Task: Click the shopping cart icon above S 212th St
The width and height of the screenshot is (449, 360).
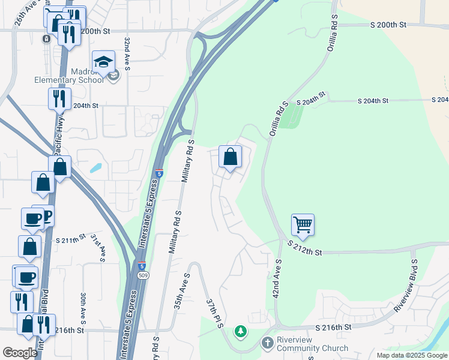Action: click(x=303, y=226)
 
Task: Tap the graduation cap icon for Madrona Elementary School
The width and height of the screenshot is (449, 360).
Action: click(x=104, y=62)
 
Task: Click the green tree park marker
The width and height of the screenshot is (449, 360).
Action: click(x=241, y=331)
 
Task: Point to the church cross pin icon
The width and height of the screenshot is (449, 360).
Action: click(x=267, y=343)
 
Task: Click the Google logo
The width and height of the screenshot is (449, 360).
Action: click(x=20, y=353)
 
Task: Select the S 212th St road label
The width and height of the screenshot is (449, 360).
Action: click(x=304, y=248)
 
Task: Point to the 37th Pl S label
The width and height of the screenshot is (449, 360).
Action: click(x=215, y=313)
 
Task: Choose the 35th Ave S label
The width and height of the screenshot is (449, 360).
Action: click(x=182, y=291)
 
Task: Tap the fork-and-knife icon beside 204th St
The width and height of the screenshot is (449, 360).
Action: click(x=59, y=98)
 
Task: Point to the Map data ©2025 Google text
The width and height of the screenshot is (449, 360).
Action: click(x=411, y=355)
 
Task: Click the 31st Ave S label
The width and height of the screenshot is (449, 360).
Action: click(x=98, y=248)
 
